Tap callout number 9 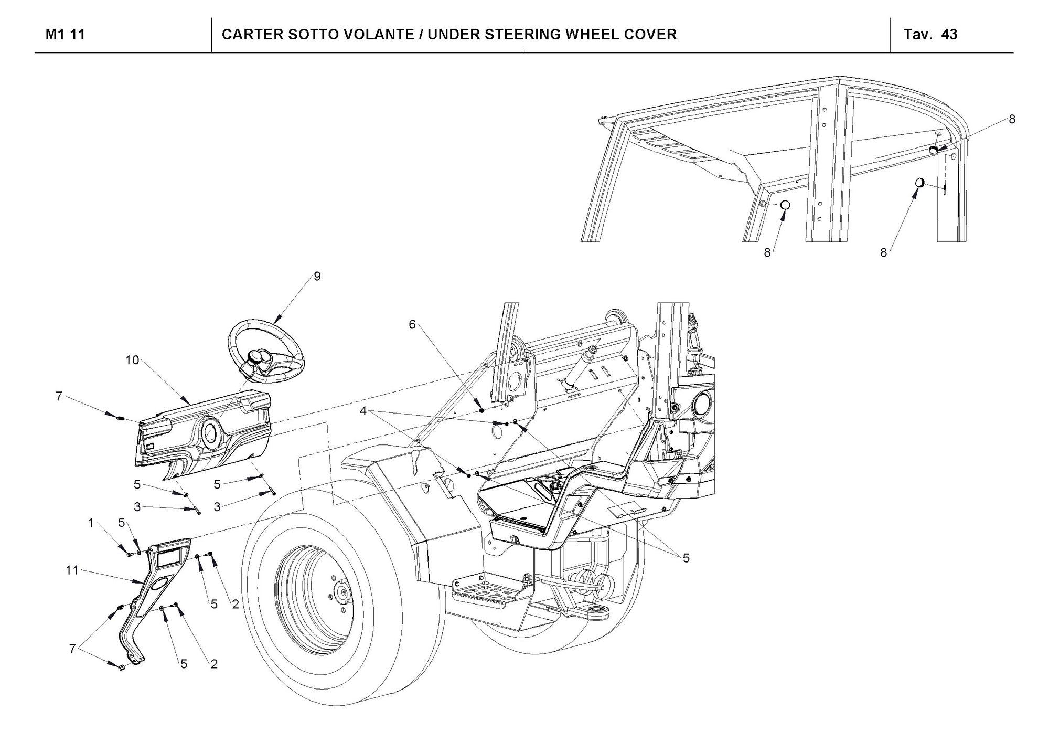[x=317, y=276]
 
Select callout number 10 [x=132, y=360]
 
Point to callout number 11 [x=72, y=570]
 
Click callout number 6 [x=412, y=325]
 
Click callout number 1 [x=91, y=523]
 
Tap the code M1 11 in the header [x=66, y=35]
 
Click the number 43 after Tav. [x=949, y=35]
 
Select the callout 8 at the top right [x=1012, y=119]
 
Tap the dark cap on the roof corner [x=935, y=150]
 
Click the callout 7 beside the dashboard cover [x=59, y=397]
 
